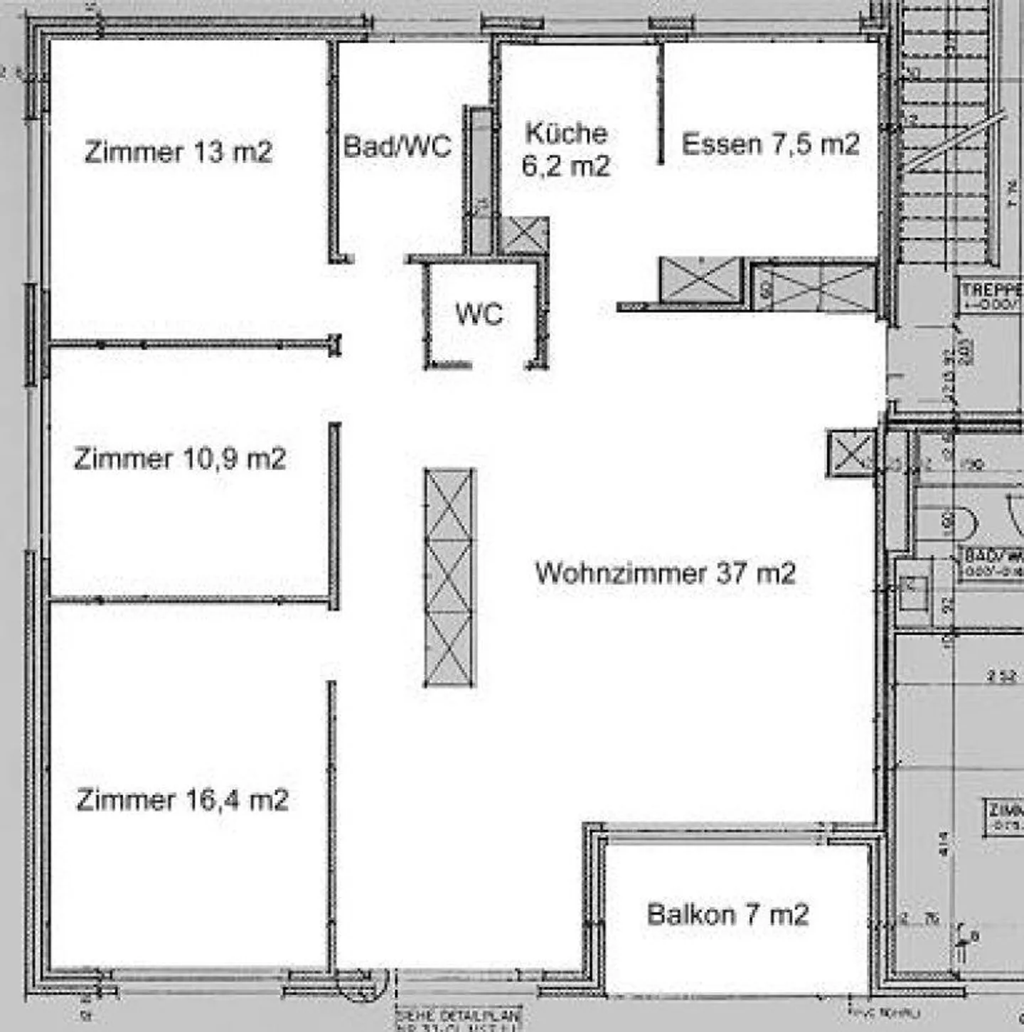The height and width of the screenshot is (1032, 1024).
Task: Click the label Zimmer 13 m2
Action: coord(178,151)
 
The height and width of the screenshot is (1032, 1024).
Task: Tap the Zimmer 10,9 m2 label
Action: coord(179,459)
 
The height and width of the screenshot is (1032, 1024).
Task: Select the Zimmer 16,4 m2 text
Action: coord(182,800)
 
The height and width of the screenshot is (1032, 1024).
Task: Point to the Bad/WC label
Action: coord(397,147)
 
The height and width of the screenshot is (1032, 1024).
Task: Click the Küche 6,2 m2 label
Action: coord(566,149)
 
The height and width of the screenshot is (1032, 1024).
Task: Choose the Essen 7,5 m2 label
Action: coord(770,144)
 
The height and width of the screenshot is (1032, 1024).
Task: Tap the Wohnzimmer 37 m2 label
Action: coord(665,573)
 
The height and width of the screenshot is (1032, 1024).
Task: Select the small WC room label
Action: coord(479,314)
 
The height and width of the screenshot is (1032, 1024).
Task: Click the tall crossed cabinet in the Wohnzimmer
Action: coord(449,577)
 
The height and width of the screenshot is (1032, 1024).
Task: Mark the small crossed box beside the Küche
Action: coord(525,235)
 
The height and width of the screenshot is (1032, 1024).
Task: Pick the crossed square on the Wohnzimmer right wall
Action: coord(850,453)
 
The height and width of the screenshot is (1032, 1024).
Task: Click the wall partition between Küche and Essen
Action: coord(661,103)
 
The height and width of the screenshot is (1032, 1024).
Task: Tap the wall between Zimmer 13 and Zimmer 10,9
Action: coord(192,345)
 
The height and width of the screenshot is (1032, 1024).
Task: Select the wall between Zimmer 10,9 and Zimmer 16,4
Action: coord(192,600)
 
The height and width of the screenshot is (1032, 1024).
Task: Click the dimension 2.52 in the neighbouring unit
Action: coord(1001,676)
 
